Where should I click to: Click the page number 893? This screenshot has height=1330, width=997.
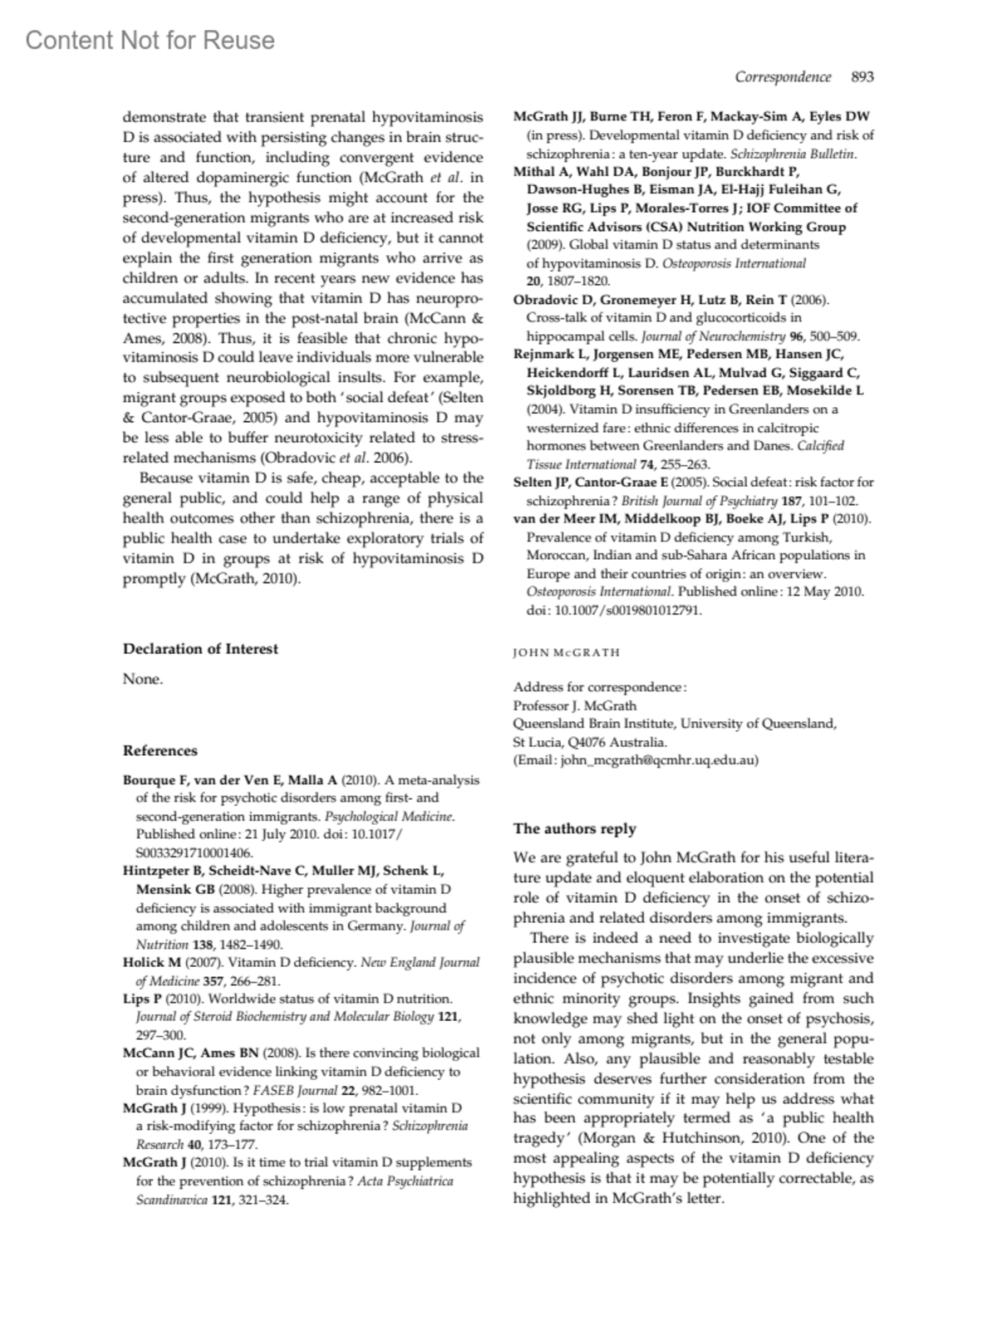point(862,77)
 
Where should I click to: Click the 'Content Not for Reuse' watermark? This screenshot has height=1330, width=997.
point(150,40)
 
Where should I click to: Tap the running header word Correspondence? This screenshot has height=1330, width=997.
point(783,77)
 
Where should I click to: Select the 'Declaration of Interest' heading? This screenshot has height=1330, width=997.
point(200,649)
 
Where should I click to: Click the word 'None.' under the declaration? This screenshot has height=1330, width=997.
point(143,679)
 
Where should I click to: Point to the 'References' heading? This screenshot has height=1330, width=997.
point(160,750)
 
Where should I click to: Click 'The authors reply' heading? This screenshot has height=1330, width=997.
point(575,828)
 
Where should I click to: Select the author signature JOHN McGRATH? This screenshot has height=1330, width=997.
point(567,652)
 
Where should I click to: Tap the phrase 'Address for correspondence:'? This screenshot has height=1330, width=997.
point(600,687)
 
